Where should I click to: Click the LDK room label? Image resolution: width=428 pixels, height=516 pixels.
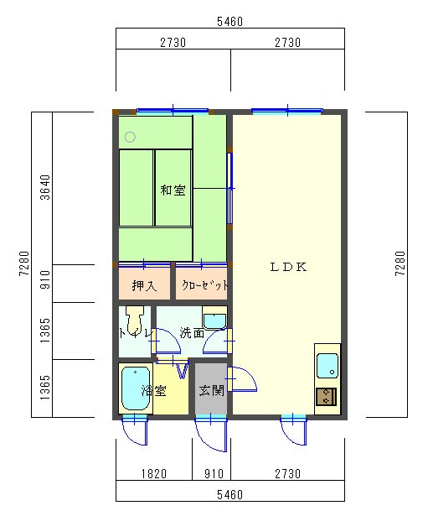coord(288,267)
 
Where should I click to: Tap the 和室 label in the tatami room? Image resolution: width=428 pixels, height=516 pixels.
coord(173,190)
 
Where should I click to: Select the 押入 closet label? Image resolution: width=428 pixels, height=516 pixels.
coord(144,285)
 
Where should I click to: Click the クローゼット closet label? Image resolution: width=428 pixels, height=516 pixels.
coord(205,285)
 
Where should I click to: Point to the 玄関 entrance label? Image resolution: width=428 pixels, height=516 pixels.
coord(212,391)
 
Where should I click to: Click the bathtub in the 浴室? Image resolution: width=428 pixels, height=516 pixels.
coord(136,388)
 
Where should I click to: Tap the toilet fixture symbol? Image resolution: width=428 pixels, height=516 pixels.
coord(135,320)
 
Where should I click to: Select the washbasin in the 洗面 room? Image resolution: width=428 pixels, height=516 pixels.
coord(214,318)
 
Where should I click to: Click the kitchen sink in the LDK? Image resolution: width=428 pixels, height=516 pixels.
coord(327,366)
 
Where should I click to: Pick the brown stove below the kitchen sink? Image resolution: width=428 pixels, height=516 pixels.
coord(326,397)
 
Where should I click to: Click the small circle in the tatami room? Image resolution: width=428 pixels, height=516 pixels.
coord(130,137)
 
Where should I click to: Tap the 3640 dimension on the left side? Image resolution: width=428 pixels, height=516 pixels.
coord(45,187)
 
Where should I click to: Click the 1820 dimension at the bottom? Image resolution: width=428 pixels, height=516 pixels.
coord(154,474)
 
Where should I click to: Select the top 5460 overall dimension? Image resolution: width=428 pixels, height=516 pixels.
coord(230,22)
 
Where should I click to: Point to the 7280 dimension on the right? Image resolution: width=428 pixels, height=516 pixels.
coord(400,263)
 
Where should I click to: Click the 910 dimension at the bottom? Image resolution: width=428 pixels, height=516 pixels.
coord(214,474)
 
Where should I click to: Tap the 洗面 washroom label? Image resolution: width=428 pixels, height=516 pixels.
coord(192,333)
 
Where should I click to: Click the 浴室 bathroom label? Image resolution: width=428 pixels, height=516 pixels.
coord(154,391)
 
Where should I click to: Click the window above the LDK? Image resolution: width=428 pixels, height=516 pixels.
coord(287,111)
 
